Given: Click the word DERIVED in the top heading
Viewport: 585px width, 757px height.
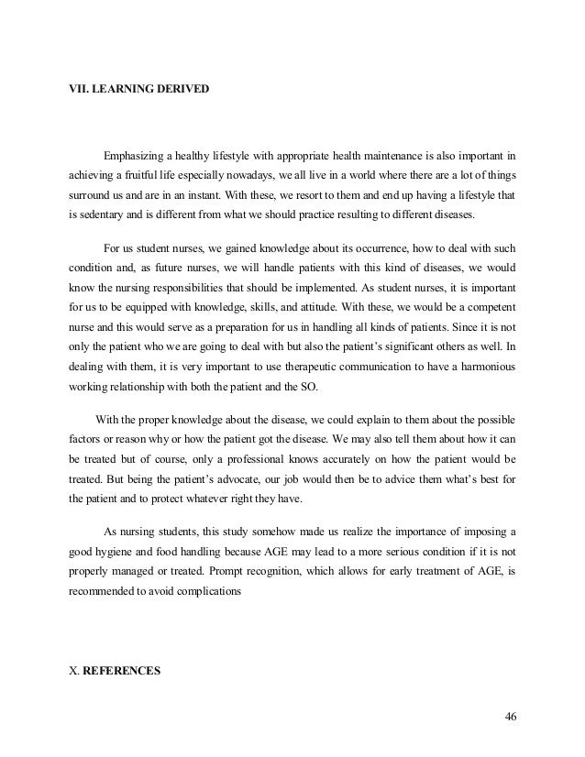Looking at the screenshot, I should click(x=180, y=89).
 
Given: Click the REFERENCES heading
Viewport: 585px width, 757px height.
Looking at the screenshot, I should click(x=121, y=670).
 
